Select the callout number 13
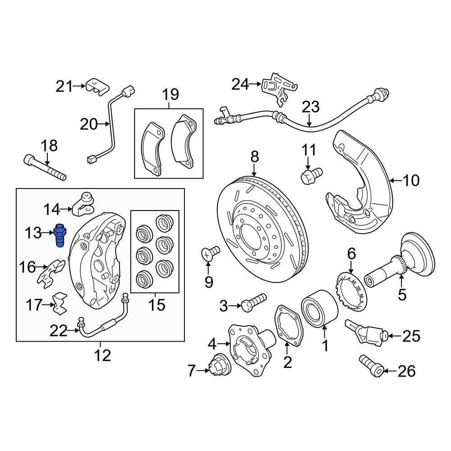click(x=33, y=233)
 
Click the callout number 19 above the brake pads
click(x=170, y=95)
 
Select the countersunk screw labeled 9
click(x=209, y=253)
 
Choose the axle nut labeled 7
click(x=219, y=364)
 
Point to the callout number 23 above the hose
click(x=310, y=108)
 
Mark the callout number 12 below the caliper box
click(x=103, y=355)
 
